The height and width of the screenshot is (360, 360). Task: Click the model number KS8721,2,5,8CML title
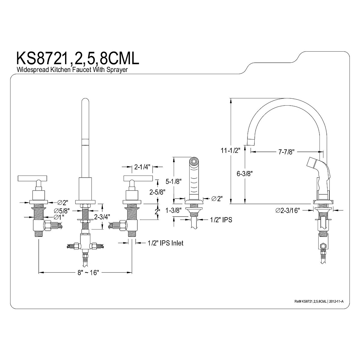click(77, 58)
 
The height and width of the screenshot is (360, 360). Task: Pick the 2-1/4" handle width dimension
click(142, 167)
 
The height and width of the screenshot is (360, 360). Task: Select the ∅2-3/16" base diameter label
click(288, 211)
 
